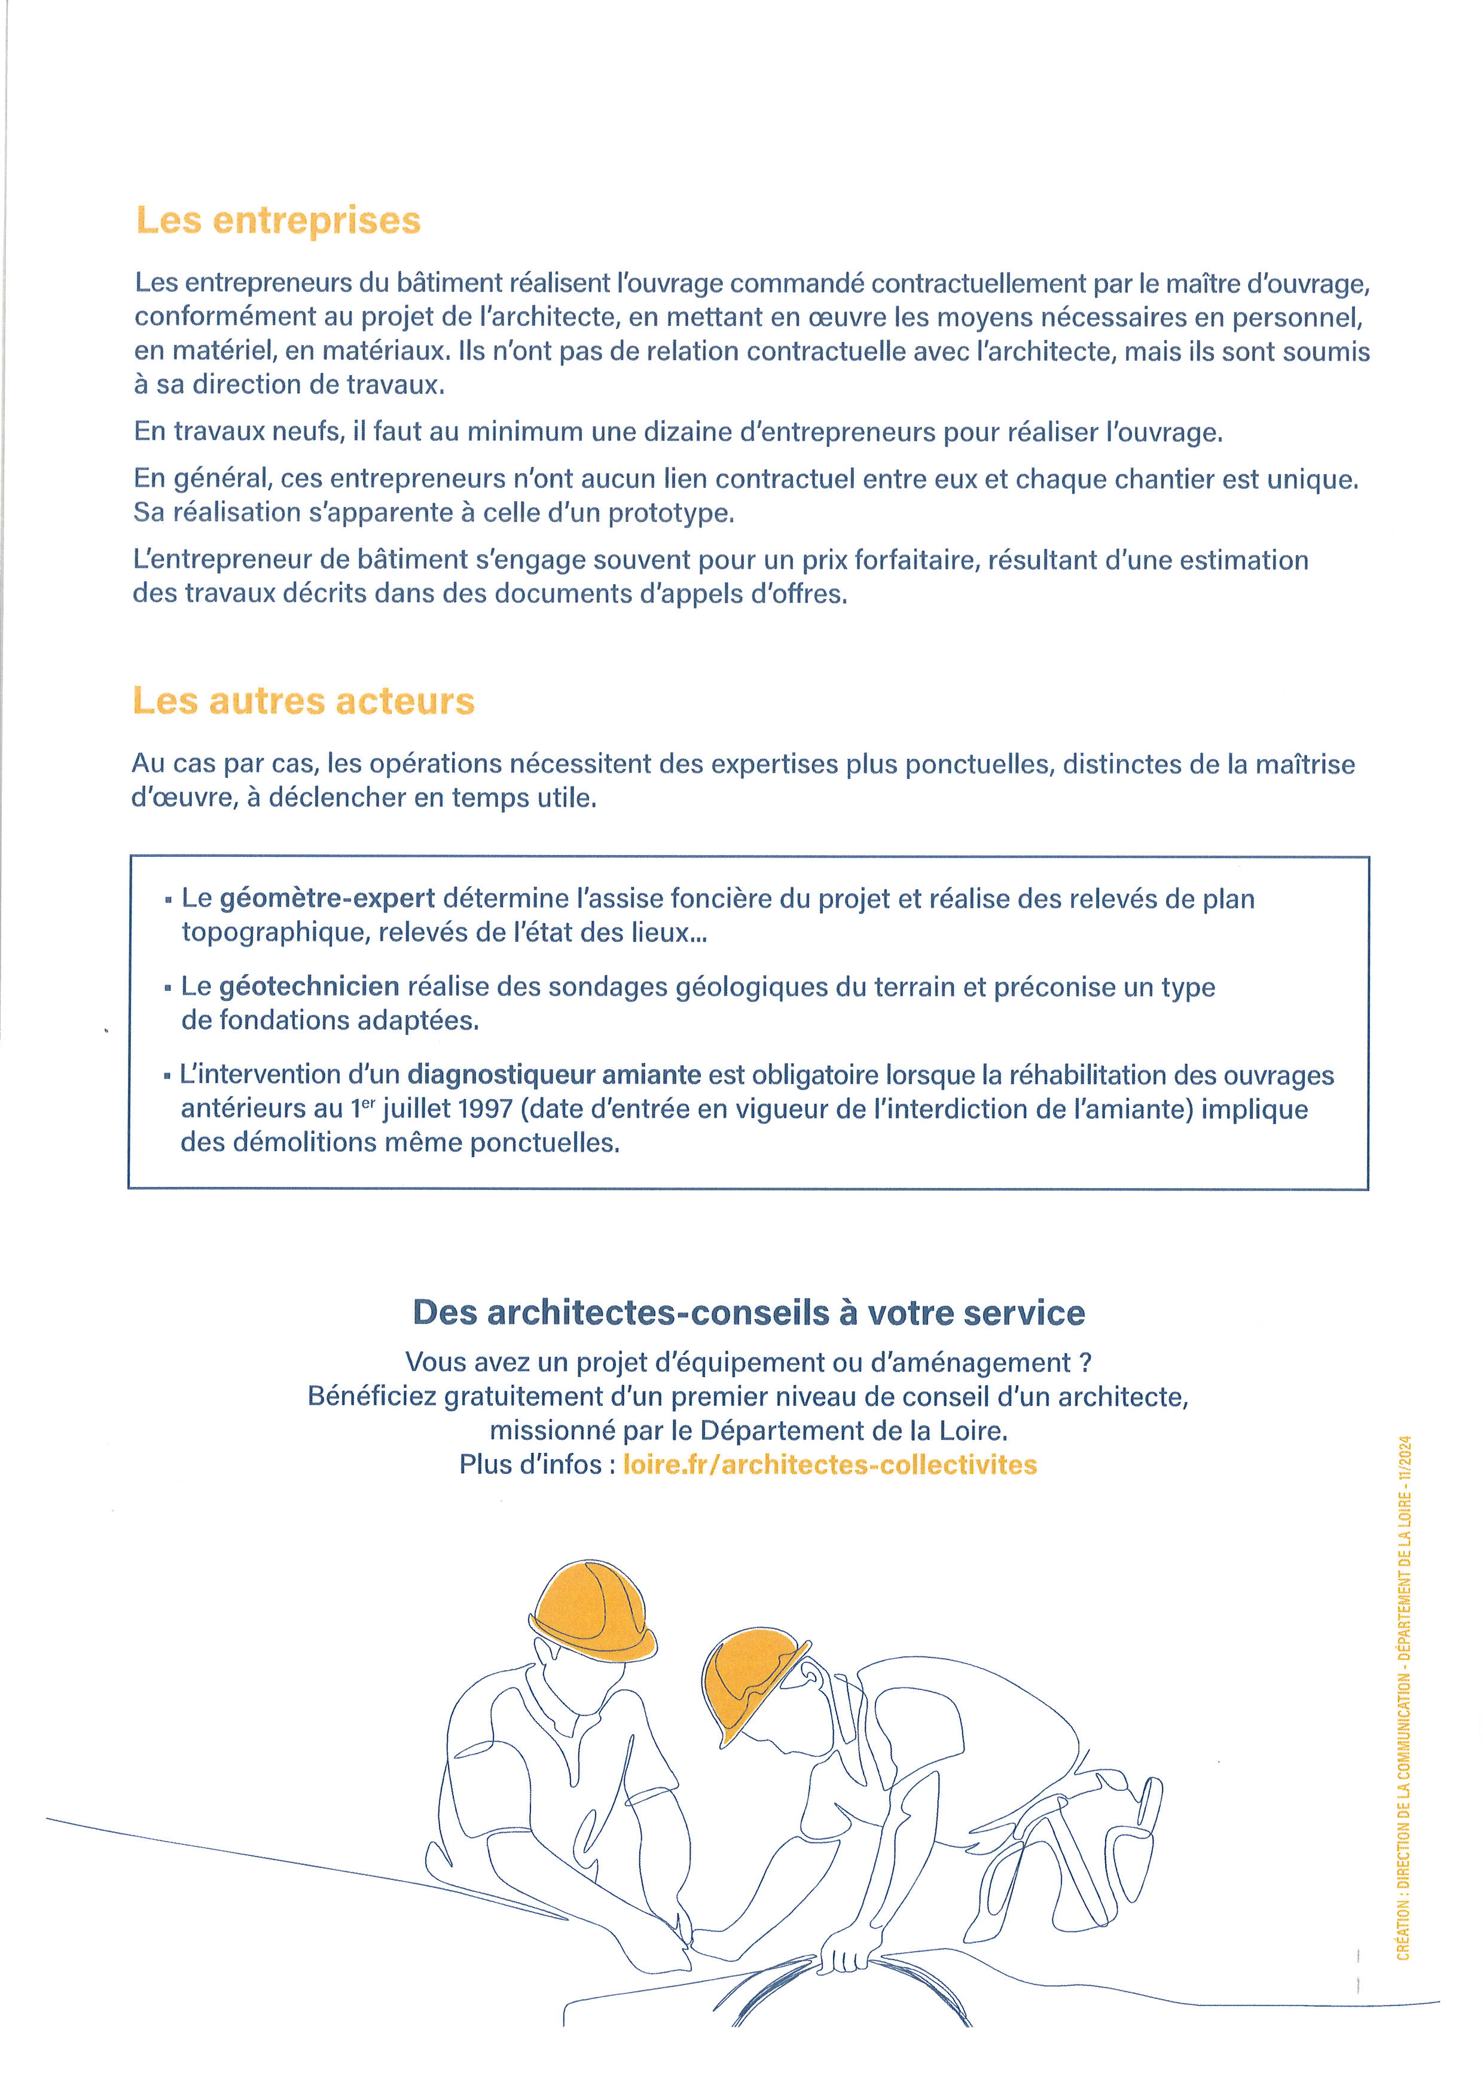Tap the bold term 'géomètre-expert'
click(327, 899)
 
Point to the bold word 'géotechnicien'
click(309, 987)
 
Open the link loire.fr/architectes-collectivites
click(829, 1465)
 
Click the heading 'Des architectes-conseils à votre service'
click(749, 1312)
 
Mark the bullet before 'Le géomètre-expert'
click(168, 901)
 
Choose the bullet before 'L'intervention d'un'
click(167, 1077)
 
